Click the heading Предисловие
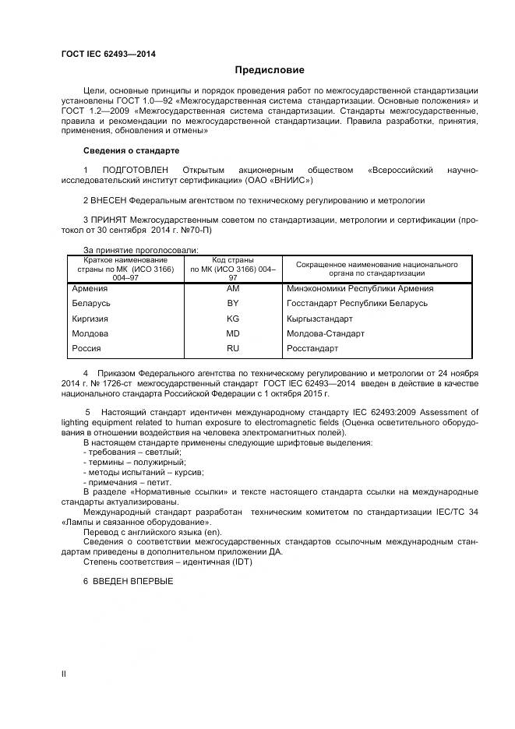pyautogui.click(x=259, y=70)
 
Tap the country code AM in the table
pyautogui.click(x=233, y=289)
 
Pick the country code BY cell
pyautogui.click(x=233, y=304)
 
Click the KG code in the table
pyautogui.click(x=233, y=319)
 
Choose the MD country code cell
pyautogui.click(x=233, y=333)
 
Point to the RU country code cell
pyautogui.click(x=233, y=348)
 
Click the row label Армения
pyautogui.click(x=89, y=289)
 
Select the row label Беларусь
pyautogui.click(x=90, y=304)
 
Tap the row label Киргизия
pyautogui.click(x=90, y=319)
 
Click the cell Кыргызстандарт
pyautogui.click(x=319, y=319)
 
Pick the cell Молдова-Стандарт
pyautogui.click(x=326, y=333)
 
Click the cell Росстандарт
pyautogui.click(x=312, y=348)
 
